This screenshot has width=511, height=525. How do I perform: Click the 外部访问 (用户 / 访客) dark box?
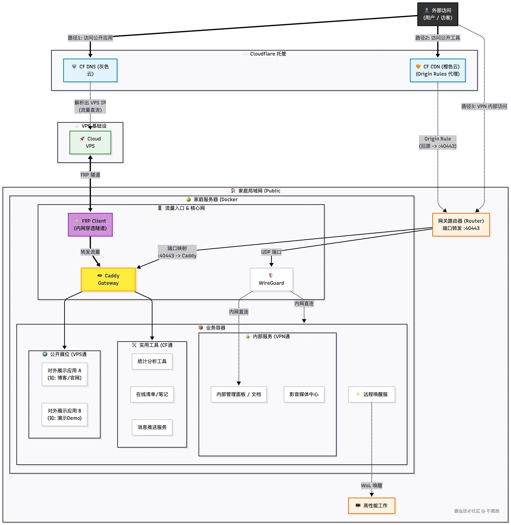coord(438,14)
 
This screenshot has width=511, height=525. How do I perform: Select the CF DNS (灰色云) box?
coord(90,70)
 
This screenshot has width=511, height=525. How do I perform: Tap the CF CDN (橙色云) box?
coord(438,70)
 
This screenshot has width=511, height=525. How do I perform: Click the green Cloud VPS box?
coord(90,143)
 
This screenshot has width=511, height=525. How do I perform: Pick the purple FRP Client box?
coord(90,225)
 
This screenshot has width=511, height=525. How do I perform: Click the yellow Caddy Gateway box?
coord(108,279)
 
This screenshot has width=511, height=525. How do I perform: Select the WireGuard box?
coord(271,279)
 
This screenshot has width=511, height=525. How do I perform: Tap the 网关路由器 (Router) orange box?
coord(461,225)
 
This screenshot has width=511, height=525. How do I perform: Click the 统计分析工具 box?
coord(152,362)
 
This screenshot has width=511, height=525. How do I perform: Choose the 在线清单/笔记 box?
coord(152,394)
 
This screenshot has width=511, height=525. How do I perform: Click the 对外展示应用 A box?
coord(64,374)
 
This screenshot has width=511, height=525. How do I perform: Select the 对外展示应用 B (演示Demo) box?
coord(64,414)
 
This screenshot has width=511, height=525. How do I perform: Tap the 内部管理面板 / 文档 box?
coord(239,394)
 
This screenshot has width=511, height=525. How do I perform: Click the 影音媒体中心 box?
coord(304,394)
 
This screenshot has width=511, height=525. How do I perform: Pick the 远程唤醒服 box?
coord(371,394)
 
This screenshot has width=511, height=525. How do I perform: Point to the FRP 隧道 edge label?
coord(90,175)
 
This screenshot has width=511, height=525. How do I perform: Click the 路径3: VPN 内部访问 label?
coord(484,106)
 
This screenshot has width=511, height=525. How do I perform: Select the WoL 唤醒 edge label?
coord(371,485)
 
